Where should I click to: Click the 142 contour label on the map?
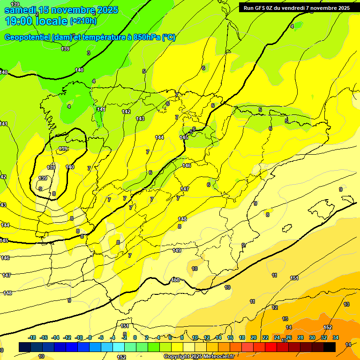click(x=126, y=112)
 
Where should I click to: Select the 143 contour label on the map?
click(x=140, y=119)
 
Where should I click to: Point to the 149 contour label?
click(x=177, y=250)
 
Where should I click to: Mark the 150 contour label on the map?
click(x=175, y=280)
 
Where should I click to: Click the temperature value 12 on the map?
click(x=275, y=307)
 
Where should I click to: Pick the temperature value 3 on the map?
click(x=88, y=53)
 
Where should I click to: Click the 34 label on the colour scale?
click(x=336, y=337)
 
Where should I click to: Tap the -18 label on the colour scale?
click(x=32, y=337)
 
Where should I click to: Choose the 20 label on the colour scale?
click(x=254, y=337)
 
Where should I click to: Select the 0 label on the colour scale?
click(x=135, y=337)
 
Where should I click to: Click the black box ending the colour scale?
click(x=330, y=347)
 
